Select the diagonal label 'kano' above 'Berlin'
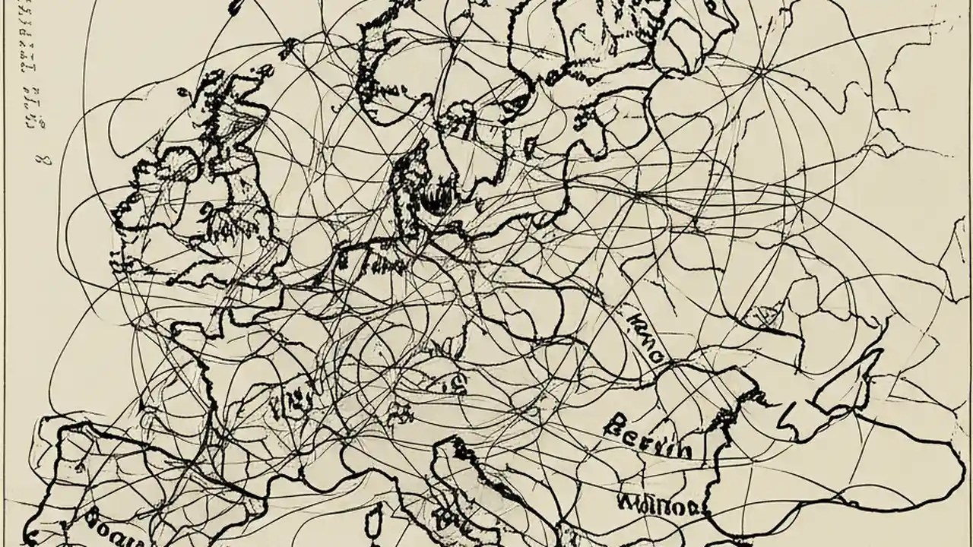(644, 334)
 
